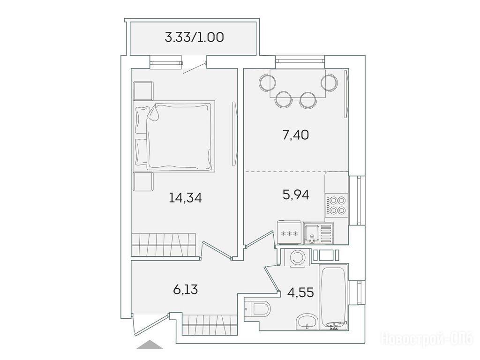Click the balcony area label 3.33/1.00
[194, 37]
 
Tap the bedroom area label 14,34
[185, 198]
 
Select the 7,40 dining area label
[295, 135]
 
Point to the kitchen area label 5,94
[296, 195]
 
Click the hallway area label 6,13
[186, 289]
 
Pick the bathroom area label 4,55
[300, 292]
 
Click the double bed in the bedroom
[174, 135]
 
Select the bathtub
[333, 296]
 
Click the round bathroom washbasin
[307, 322]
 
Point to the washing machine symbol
[296, 257]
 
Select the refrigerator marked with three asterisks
[289, 233]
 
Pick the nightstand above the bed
[143, 90]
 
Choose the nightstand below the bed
[143, 181]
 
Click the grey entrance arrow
[150, 345]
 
